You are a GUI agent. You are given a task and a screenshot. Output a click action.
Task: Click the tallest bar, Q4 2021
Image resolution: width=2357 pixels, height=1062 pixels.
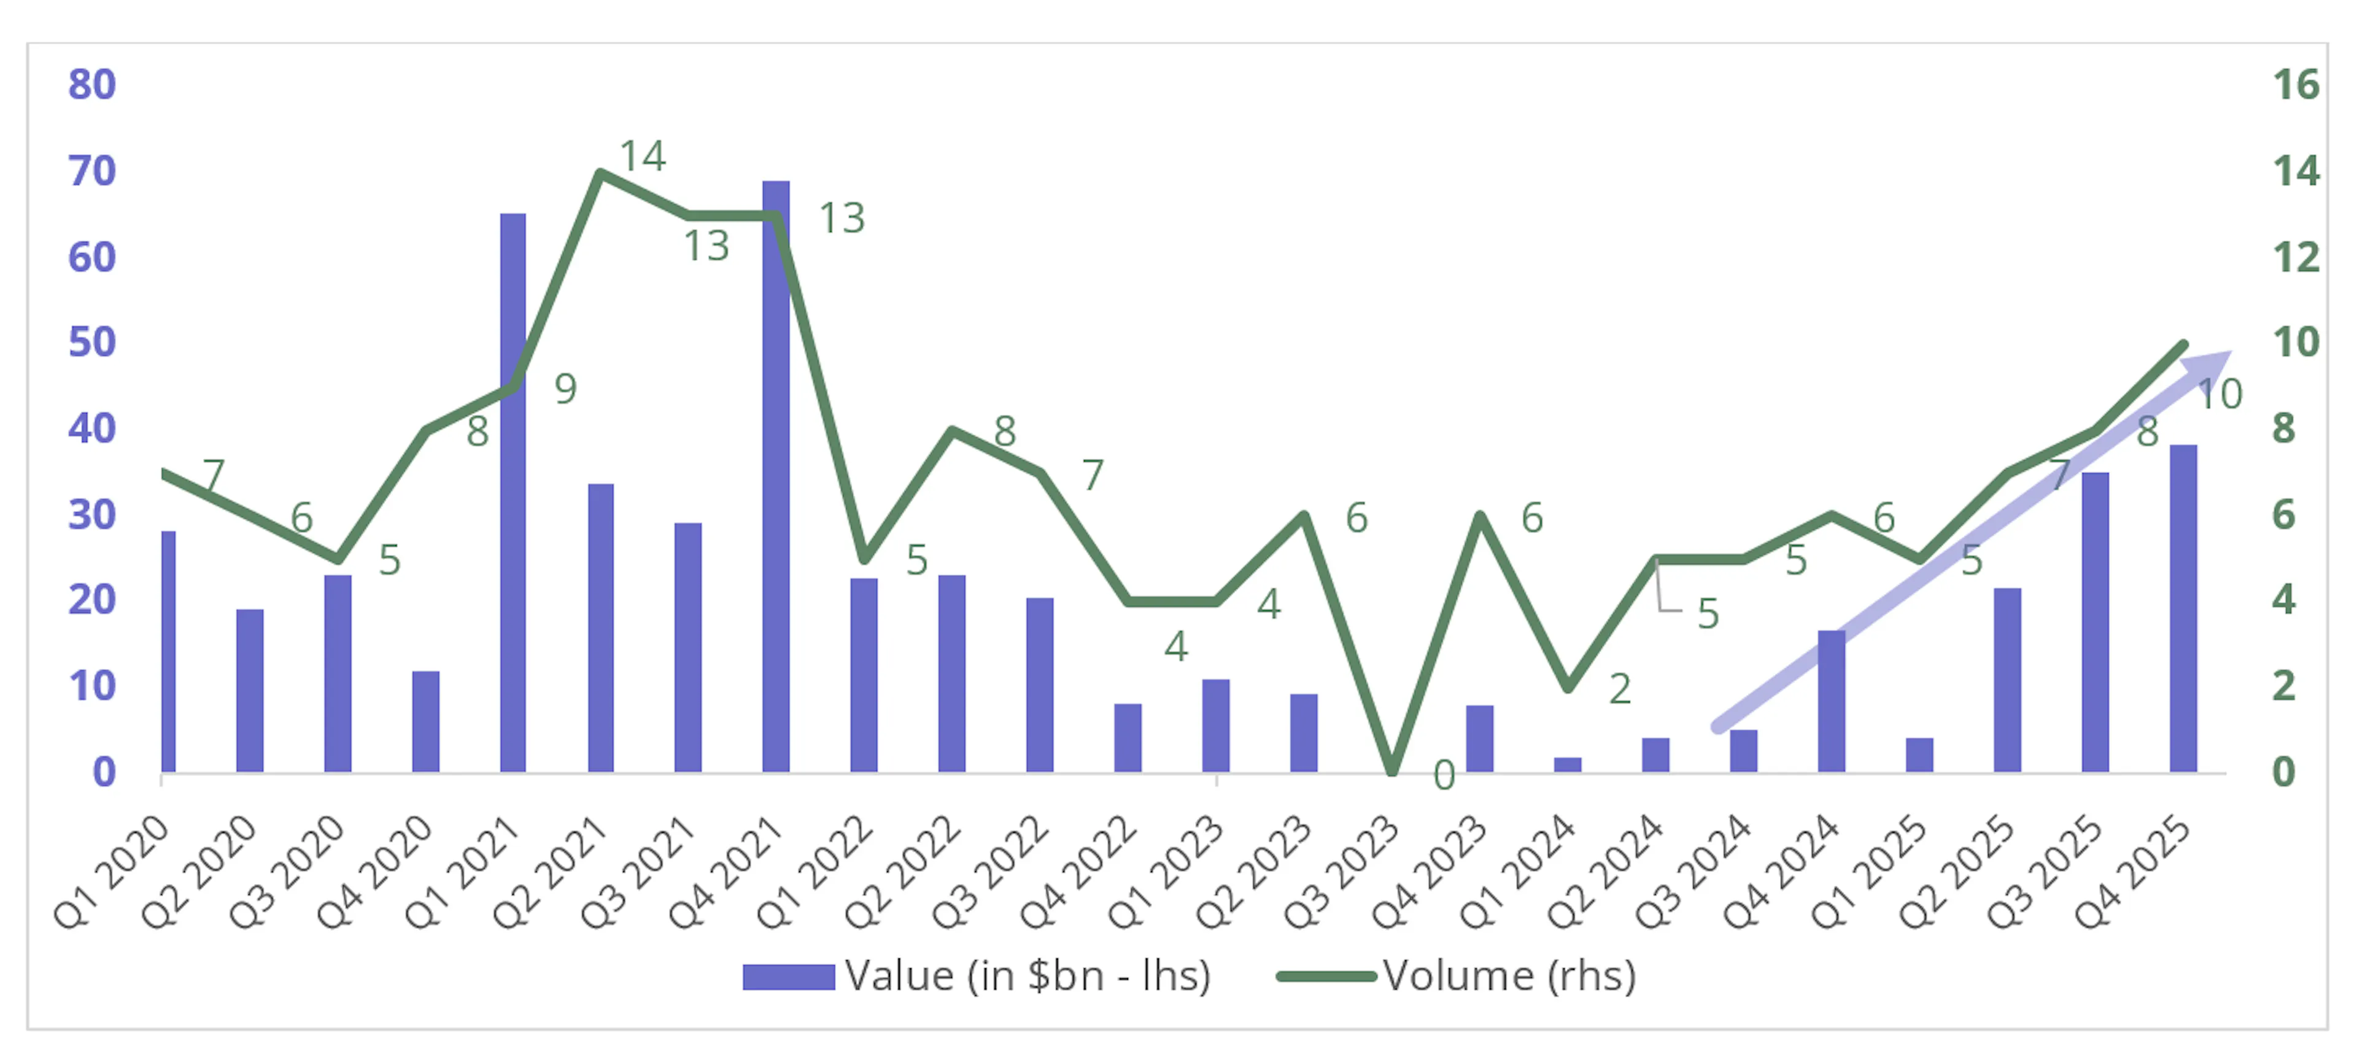coord(776,476)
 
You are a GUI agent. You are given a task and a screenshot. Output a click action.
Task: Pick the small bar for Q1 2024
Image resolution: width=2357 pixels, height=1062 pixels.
coord(1568,765)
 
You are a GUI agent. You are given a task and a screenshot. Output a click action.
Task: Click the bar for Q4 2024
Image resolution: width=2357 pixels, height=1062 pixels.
coord(1831,700)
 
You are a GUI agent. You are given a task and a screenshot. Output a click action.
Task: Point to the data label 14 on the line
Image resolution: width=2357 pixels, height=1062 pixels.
coord(642,157)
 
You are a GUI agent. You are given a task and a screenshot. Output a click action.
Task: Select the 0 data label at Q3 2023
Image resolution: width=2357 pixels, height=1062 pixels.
coord(1444,776)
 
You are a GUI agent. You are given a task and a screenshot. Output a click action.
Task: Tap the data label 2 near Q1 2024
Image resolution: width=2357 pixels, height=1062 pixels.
coord(1620,689)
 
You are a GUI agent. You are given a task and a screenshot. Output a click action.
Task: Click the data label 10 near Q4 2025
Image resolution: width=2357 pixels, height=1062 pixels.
coord(2220,394)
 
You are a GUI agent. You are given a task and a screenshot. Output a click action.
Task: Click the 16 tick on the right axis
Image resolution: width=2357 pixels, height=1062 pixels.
coord(2296,85)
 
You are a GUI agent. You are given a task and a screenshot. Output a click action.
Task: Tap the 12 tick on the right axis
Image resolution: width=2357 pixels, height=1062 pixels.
coord(2296,257)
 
